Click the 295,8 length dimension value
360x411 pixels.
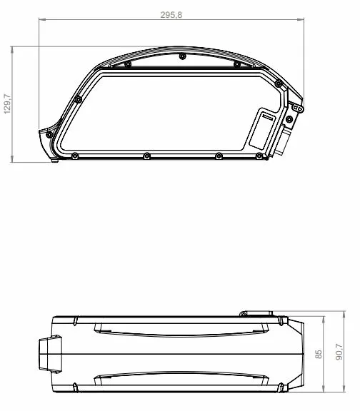click(x=171, y=15)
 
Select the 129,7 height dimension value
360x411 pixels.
click(x=7, y=103)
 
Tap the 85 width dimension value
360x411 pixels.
click(x=319, y=354)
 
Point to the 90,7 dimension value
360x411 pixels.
click(x=339, y=352)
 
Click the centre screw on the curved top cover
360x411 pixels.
click(x=182, y=56)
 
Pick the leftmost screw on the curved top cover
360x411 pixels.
click(x=128, y=64)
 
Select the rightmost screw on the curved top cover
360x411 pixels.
click(x=236, y=64)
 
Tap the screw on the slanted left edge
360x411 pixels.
click(x=78, y=99)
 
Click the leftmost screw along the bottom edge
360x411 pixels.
click(x=75, y=156)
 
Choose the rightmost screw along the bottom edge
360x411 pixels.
click(x=259, y=156)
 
